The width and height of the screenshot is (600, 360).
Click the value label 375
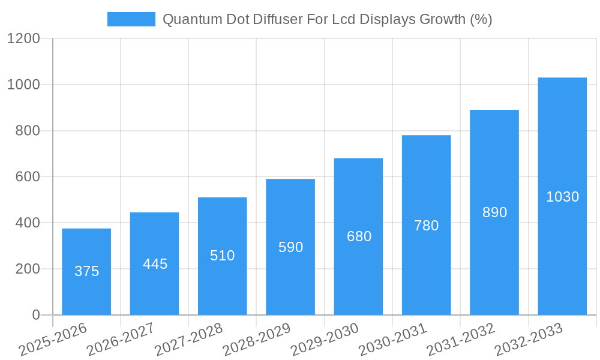86,271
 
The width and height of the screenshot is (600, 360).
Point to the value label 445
155,264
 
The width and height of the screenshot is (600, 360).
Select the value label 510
222,256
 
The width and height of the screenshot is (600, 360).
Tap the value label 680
359,236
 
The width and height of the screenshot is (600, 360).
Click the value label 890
494,212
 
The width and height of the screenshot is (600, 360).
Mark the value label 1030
562,197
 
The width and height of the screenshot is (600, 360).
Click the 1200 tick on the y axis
23,39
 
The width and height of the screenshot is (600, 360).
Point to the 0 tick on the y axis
35,315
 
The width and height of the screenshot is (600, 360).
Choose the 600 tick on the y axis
27,177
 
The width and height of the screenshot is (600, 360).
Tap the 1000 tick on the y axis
23,85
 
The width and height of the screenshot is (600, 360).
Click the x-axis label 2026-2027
121,340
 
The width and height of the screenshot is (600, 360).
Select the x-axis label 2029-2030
325,340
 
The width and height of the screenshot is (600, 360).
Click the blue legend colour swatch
131,19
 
